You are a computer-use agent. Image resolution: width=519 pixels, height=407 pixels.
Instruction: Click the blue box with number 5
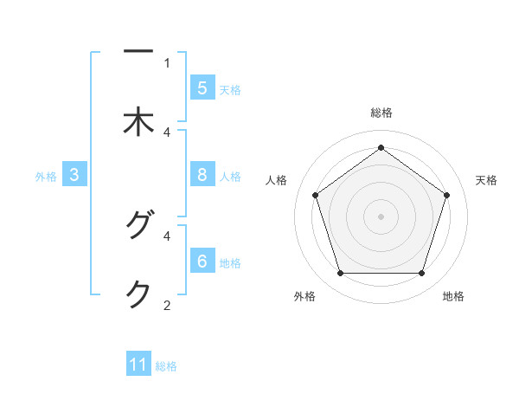(202, 87)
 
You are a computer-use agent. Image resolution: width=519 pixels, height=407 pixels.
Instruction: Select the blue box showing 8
(202, 175)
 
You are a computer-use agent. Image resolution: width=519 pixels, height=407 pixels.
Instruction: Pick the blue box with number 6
(202, 262)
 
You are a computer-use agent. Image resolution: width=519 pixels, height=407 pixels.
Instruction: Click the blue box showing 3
(74, 175)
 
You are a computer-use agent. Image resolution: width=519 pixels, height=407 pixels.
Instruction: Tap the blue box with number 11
(138, 365)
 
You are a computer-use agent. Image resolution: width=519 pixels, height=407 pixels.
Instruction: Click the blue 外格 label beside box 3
(46, 176)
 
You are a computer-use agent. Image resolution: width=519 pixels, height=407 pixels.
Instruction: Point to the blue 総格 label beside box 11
(166, 365)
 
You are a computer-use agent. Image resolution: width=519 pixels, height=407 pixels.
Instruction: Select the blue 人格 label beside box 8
(230, 176)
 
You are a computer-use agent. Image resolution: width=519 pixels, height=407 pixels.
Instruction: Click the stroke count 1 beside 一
(167, 62)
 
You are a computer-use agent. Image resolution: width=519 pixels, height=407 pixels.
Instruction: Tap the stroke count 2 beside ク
(167, 305)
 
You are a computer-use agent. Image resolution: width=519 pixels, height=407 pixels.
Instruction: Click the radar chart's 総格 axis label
(381, 113)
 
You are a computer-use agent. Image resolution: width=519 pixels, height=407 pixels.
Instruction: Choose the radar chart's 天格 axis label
(486, 180)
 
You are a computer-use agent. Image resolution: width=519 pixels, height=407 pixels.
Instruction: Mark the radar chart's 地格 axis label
(453, 296)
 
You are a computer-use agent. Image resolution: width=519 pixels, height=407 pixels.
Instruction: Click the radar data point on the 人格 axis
(315, 195)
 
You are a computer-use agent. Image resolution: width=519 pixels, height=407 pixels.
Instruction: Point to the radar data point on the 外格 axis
(340, 274)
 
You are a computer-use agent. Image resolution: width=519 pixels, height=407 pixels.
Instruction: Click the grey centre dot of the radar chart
(381, 216)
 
